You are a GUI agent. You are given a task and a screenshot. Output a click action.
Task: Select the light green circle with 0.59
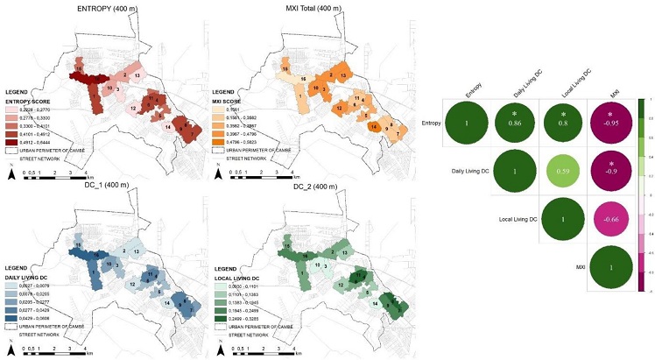566,172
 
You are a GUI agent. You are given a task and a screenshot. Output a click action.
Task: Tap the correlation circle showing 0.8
566,122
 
